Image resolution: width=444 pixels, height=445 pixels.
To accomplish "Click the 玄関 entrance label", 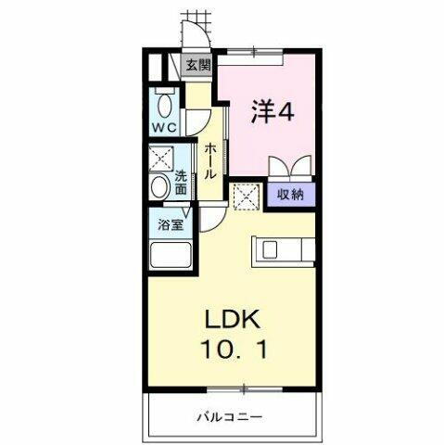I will pos(197,65).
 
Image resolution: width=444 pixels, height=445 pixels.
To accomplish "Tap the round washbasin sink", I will pos(159,187).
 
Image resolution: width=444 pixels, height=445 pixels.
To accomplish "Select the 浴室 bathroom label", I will pos(169,224).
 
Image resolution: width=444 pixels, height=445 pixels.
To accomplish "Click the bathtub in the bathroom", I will pos(168,257).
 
